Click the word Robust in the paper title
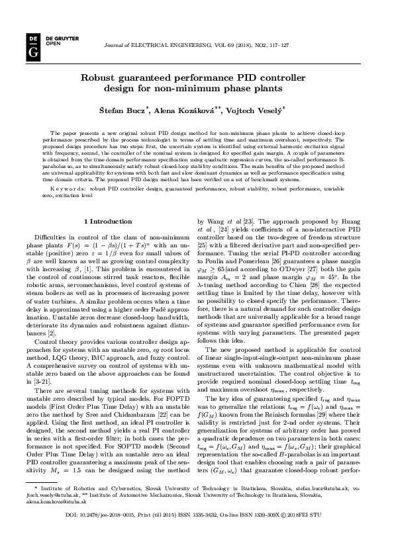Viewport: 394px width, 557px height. tap(100, 77)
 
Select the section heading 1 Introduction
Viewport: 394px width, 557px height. tap(111, 220)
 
